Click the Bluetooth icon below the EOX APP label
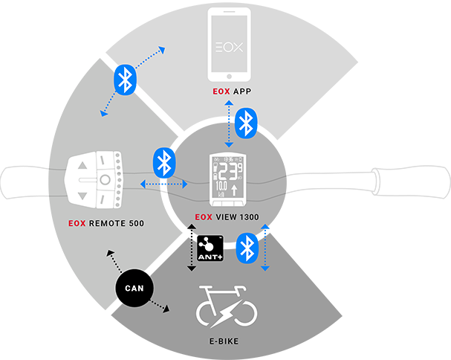[x=245, y=123]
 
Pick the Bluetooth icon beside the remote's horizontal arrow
[x=163, y=163]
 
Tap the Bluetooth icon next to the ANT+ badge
[x=247, y=248]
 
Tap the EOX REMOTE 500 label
[x=106, y=222]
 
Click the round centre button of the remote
[x=105, y=180]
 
